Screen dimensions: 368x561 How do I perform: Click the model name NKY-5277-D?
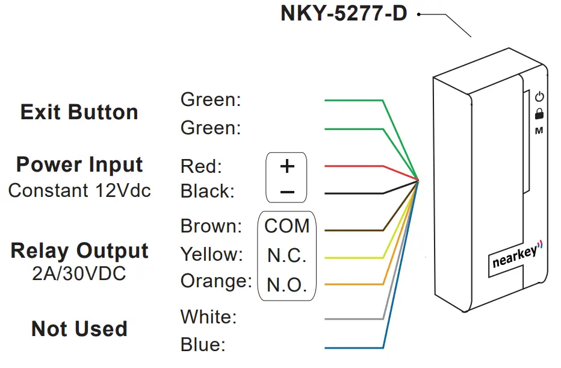(x=344, y=13)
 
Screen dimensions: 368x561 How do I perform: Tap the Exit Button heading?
(x=79, y=112)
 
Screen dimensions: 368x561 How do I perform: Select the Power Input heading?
(x=79, y=164)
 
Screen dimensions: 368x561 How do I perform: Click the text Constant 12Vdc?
(x=79, y=190)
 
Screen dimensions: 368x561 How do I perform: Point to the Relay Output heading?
(x=79, y=251)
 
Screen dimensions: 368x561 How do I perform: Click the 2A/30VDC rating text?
(x=79, y=274)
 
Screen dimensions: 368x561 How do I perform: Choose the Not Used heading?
(x=79, y=329)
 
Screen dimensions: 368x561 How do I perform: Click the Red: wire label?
(x=201, y=166)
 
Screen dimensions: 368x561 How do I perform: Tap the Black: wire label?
(x=207, y=192)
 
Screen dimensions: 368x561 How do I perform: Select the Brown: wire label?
(x=211, y=226)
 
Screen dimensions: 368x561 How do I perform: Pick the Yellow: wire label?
(x=211, y=254)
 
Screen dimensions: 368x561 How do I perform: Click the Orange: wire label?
(x=215, y=281)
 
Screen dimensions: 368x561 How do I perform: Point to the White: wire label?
(x=208, y=316)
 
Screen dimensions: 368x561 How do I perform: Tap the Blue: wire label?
(x=203, y=345)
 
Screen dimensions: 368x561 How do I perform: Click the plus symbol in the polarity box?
(x=287, y=166)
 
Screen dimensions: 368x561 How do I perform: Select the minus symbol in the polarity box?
(x=287, y=192)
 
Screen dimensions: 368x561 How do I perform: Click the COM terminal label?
(x=287, y=226)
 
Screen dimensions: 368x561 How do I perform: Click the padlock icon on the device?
(x=539, y=113)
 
